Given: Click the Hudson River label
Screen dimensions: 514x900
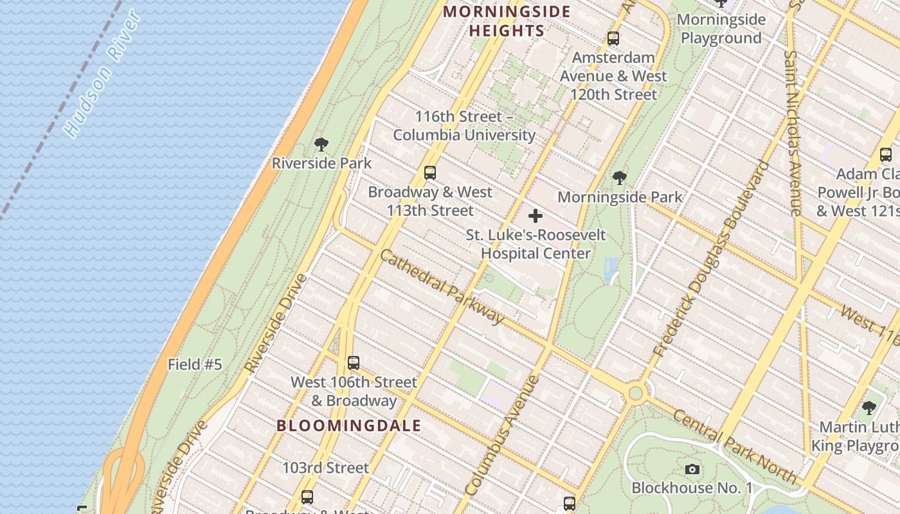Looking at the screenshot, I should [x=103, y=74].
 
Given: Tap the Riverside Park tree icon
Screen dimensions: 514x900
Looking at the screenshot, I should [x=321, y=145].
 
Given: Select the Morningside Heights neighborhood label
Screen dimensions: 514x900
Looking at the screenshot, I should [x=507, y=21].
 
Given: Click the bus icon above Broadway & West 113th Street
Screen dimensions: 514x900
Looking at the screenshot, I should [x=430, y=173].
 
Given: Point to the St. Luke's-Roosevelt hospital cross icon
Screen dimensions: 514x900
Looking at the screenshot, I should [x=535, y=216].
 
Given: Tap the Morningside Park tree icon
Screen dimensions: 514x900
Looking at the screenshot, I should [x=620, y=178].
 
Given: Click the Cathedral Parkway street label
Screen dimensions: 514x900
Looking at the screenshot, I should [x=442, y=287].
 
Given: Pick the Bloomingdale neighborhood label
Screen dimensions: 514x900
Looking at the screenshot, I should [x=349, y=425].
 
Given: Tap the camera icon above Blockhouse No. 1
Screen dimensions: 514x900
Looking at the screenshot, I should [x=692, y=469].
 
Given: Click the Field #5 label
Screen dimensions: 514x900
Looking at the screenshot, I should [x=195, y=365].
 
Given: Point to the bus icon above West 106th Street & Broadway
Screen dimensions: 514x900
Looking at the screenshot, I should [x=353, y=363].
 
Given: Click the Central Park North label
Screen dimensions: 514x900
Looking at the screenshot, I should [x=734, y=446].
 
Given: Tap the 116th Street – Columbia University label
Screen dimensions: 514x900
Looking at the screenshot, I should [x=464, y=126].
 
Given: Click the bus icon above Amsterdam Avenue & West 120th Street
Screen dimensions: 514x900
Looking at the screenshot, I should [x=613, y=39].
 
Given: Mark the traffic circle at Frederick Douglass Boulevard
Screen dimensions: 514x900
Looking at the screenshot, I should [x=636, y=393].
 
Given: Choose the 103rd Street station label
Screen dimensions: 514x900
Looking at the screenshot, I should [x=326, y=468].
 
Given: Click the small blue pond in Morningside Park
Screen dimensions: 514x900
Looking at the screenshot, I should [x=611, y=270].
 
